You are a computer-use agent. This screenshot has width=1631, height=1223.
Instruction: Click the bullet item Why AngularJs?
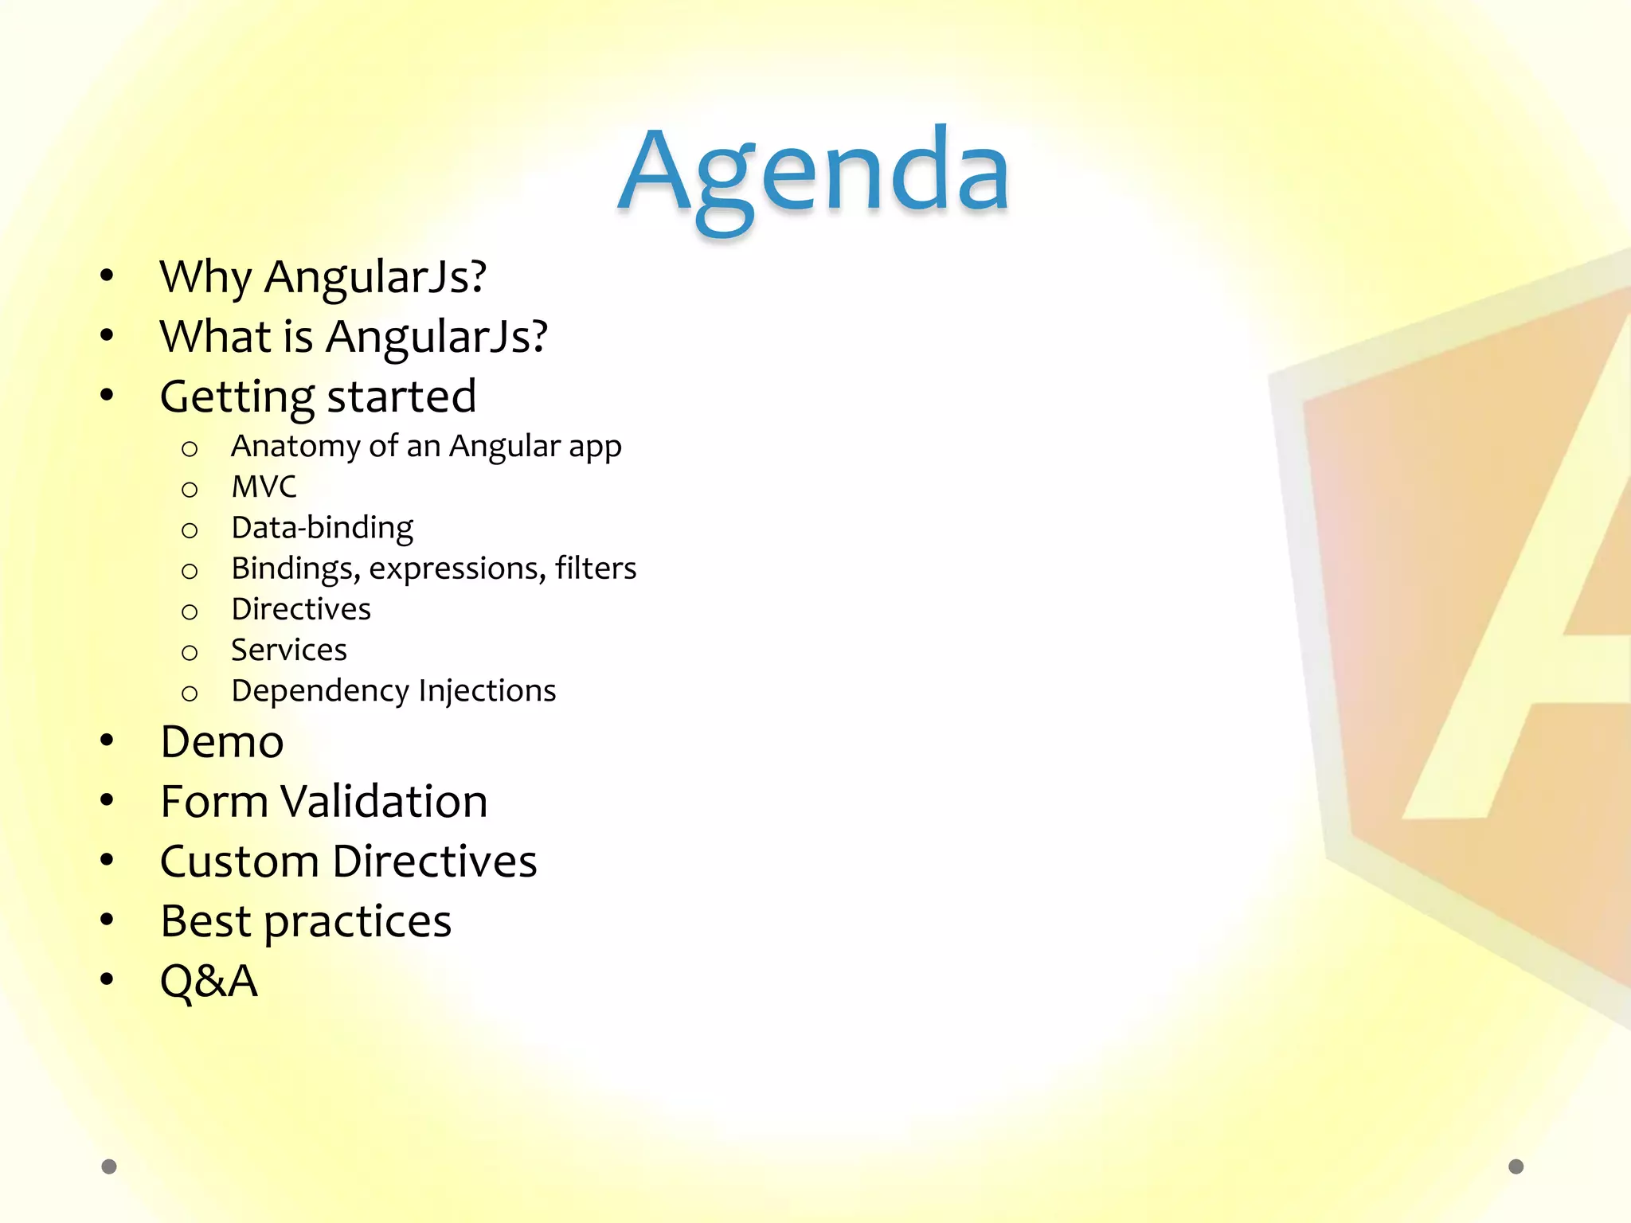(x=323, y=277)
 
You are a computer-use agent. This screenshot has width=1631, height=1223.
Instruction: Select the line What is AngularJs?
(x=354, y=337)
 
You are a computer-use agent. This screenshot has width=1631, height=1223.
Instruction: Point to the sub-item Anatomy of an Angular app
(x=426, y=447)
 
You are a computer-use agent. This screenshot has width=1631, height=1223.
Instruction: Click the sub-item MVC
(x=264, y=487)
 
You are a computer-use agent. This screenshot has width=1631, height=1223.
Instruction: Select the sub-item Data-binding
(x=322, y=528)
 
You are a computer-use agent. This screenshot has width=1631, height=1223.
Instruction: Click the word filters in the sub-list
(x=596, y=569)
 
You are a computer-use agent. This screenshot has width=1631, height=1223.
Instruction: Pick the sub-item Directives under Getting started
(x=301, y=609)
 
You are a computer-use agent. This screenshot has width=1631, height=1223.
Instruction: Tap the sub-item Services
(x=288, y=650)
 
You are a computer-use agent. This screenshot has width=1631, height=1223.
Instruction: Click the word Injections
(x=487, y=690)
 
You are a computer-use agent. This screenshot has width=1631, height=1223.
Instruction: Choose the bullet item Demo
(x=222, y=742)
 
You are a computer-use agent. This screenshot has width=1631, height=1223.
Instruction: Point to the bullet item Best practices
(x=306, y=922)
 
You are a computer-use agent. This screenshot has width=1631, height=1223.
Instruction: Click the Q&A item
(x=209, y=981)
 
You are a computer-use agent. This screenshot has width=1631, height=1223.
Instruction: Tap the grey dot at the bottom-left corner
(x=109, y=1166)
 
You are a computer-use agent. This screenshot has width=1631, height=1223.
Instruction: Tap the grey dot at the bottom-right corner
(x=1516, y=1166)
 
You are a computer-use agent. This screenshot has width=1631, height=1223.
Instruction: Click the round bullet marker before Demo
(x=108, y=741)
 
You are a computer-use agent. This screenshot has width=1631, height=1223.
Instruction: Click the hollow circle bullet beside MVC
(x=190, y=489)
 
